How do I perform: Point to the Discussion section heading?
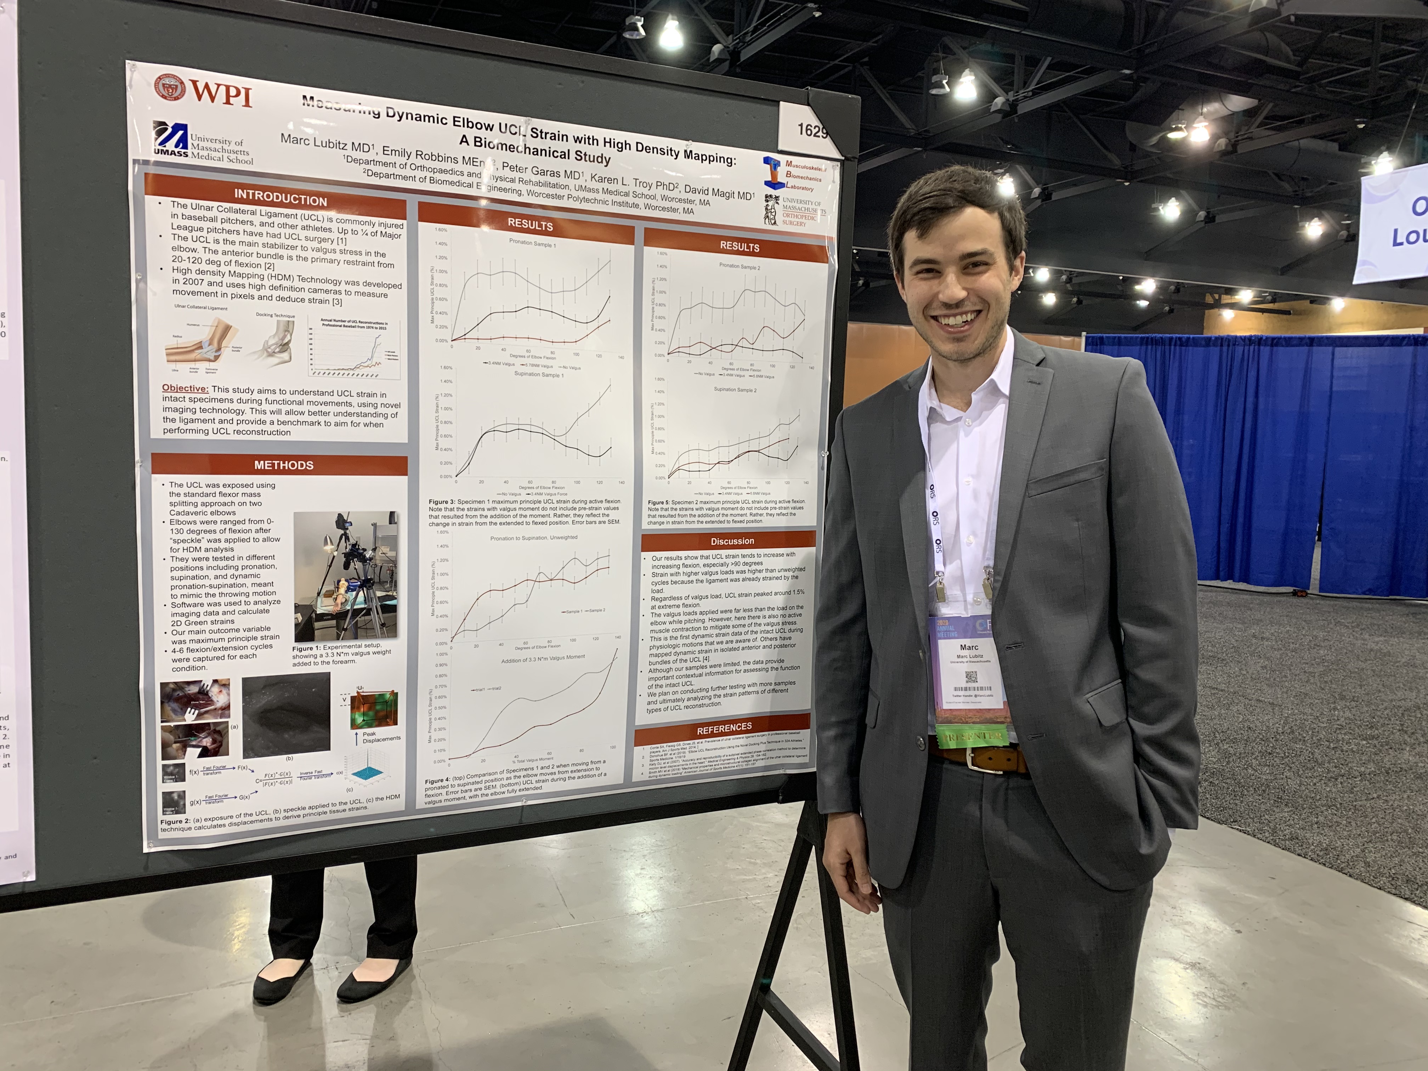coord(732,541)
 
